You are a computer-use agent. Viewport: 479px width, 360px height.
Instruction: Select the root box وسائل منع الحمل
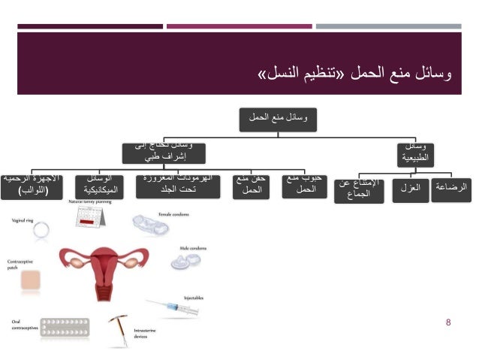pyautogui.click(x=279, y=116)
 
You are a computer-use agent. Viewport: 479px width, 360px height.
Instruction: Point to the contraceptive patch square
pyautogui.click(x=29, y=280)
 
